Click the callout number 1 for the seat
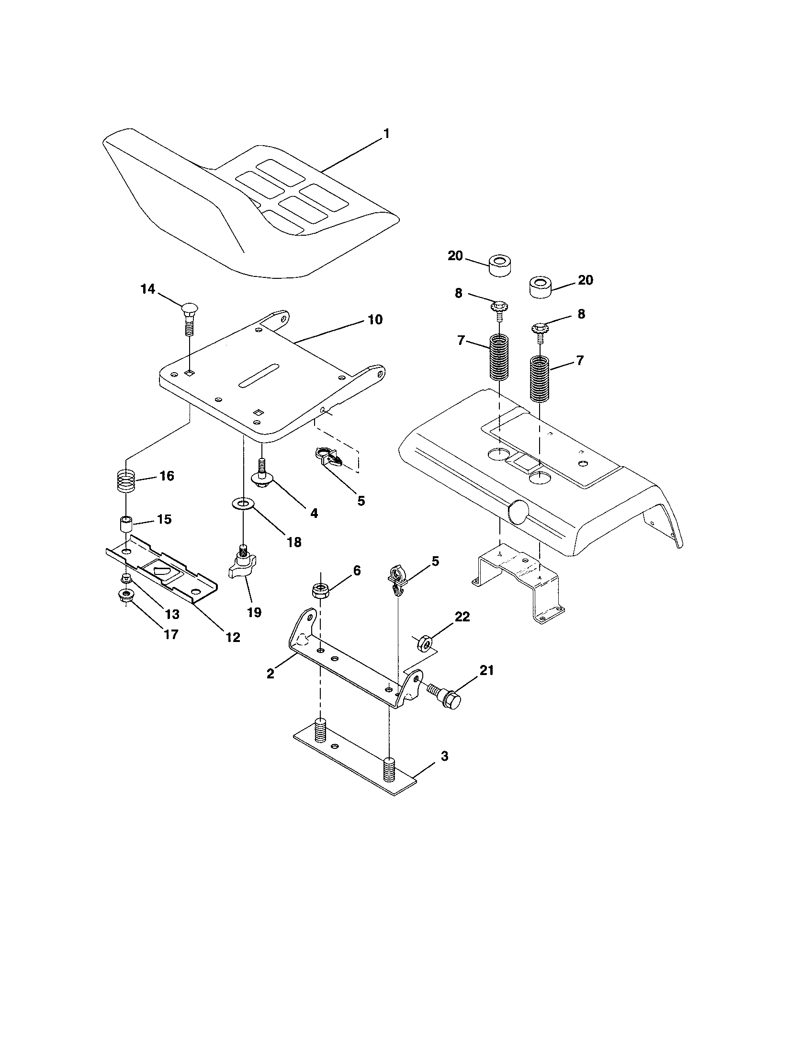coord(386,134)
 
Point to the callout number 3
coord(444,756)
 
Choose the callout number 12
coord(232,637)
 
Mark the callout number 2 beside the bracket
coord(270,674)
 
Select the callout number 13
coord(172,614)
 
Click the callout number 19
coord(254,612)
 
